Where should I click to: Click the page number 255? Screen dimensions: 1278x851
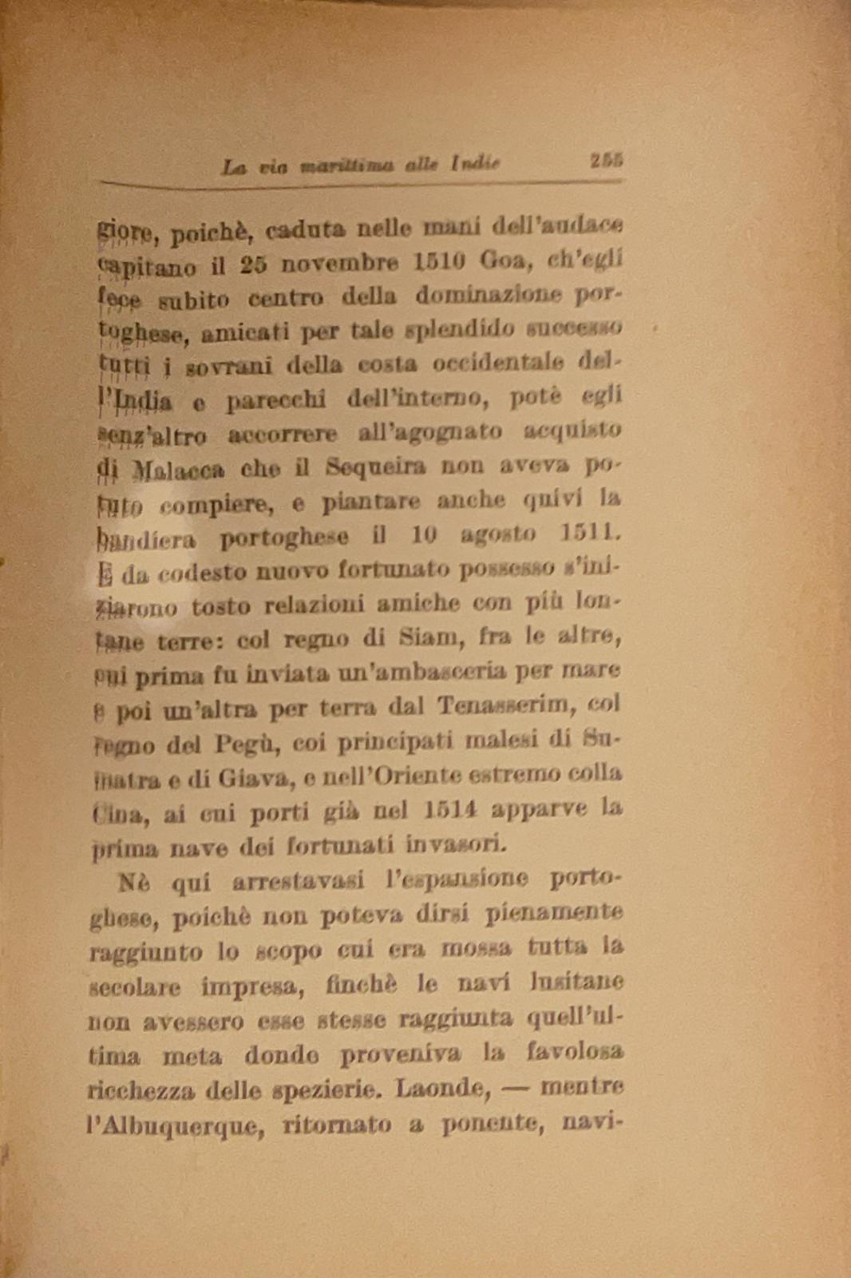click(x=606, y=161)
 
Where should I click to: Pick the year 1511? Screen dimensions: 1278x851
click(x=590, y=532)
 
